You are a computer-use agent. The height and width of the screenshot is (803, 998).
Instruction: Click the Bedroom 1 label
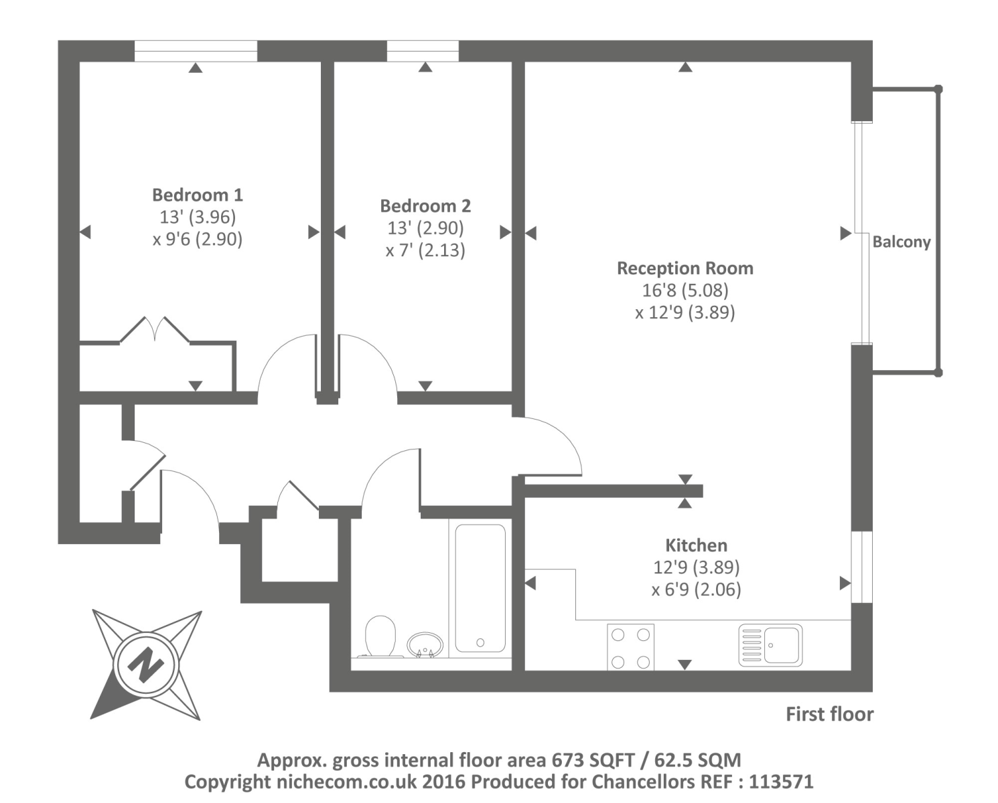click(197, 195)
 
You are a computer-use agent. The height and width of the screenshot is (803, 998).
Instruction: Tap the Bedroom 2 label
click(425, 205)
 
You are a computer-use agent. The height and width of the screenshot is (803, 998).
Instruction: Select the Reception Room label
click(685, 268)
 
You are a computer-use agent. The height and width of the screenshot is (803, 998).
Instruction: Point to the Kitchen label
click(696, 545)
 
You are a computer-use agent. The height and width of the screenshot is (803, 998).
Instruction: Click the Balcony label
click(901, 242)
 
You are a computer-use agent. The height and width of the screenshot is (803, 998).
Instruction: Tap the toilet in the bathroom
click(380, 636)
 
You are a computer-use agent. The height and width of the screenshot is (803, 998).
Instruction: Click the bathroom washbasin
click(425, 644)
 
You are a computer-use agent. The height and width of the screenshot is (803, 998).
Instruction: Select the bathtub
click(480, 588)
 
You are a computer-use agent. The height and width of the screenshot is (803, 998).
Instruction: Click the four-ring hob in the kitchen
click(630, 647)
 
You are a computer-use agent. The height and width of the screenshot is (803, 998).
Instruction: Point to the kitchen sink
click(770, 646)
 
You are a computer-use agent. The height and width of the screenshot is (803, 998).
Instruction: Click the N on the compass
click(145, 664)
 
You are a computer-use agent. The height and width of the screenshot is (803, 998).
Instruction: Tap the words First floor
click(829, 715)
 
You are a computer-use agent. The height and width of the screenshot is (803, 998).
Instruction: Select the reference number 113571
click(781, 782)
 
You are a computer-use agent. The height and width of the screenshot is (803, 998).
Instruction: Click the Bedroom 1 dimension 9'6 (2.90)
click(197, 239)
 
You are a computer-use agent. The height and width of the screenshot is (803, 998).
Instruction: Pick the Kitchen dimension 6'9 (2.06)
click(696, 590)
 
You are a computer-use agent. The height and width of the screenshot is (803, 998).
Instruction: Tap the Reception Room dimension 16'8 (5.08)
click(685, 290)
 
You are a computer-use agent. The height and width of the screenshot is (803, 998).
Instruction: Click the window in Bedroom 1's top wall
click(196, 51)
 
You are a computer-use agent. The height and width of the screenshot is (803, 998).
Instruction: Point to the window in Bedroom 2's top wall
click(423, 51)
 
